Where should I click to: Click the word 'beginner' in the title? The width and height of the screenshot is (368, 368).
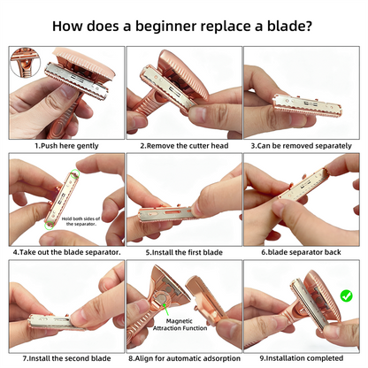click(165, 26)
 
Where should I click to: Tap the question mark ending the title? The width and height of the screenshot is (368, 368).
click(308, 26)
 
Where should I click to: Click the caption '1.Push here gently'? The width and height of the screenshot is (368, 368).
click(66, 146)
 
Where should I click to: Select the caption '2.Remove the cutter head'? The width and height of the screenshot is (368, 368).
click(184, 146)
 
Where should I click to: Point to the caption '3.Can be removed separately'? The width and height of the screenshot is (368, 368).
click(301, 146)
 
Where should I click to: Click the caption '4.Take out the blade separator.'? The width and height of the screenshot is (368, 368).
click(67, 252)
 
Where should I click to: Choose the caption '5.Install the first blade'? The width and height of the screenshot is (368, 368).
click(184, 252)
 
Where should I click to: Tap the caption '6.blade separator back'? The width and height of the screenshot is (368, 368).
click(301, 252)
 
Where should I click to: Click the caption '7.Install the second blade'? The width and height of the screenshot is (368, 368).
click(67, 358)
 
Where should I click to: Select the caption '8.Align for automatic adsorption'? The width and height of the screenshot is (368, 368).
click(184, 358)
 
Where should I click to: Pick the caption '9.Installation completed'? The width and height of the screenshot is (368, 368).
click(301, 358)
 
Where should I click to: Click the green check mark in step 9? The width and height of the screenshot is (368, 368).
click(346, 295)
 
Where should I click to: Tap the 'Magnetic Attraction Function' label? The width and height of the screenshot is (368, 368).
click(180, 325)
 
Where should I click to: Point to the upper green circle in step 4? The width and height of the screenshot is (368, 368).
click(75, 173)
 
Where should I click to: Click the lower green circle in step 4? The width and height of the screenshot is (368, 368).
click(49, 226)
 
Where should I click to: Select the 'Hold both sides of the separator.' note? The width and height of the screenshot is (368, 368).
click(80, 221)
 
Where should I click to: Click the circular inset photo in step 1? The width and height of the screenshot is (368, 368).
click(25, 63)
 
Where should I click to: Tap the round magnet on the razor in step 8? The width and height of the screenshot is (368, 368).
click(161, 298)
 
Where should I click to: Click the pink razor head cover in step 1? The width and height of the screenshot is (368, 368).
click(86, 64)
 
